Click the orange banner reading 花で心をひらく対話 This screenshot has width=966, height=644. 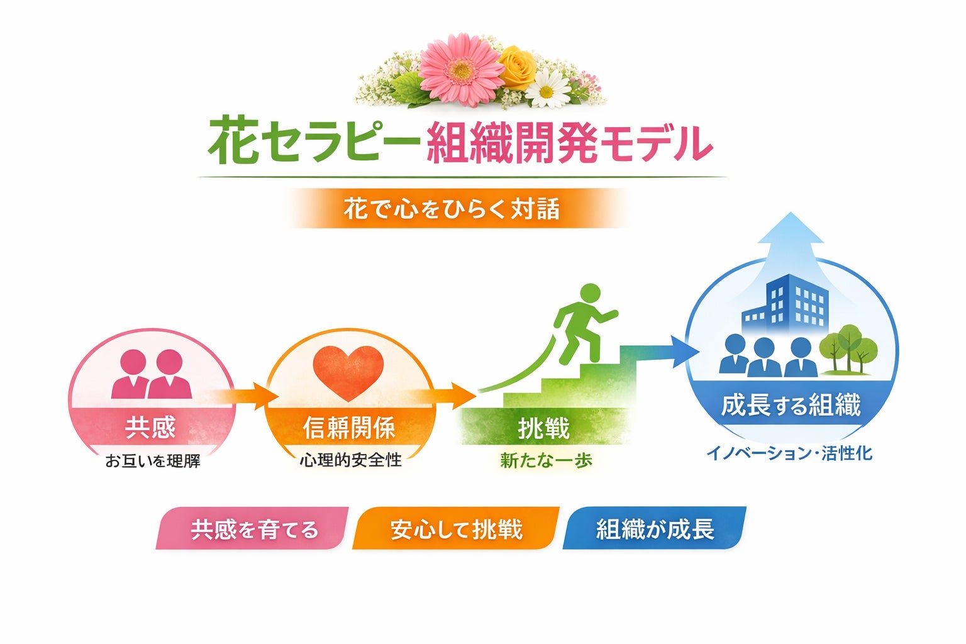tap(452, 209)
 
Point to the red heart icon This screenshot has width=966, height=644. tap(348, 372)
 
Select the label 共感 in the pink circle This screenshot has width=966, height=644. tap(150, 428)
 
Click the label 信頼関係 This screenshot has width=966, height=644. tap(349, 428)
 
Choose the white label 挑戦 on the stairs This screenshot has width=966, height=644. tap(543, 429)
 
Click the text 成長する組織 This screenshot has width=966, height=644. tap(791, 406)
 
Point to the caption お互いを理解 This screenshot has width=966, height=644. tap(153, 461)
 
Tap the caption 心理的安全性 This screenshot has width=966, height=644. tap(350, 460)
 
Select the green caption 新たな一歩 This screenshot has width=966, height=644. tap(546, 461)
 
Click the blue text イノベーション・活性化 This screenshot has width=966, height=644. tap(789, 453)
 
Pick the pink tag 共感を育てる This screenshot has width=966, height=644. tap(253, 530)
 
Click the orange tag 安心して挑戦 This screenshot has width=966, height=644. tap(456, 530)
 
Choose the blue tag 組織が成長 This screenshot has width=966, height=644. tap(655, 530)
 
